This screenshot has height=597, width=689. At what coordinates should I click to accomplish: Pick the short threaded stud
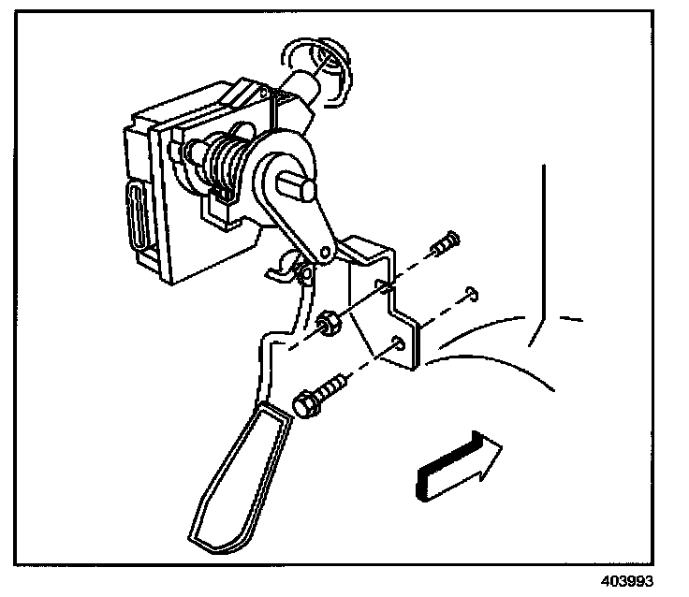(x=443, y=241)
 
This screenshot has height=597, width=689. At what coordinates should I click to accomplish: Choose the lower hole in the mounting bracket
(x=400, y=342)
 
